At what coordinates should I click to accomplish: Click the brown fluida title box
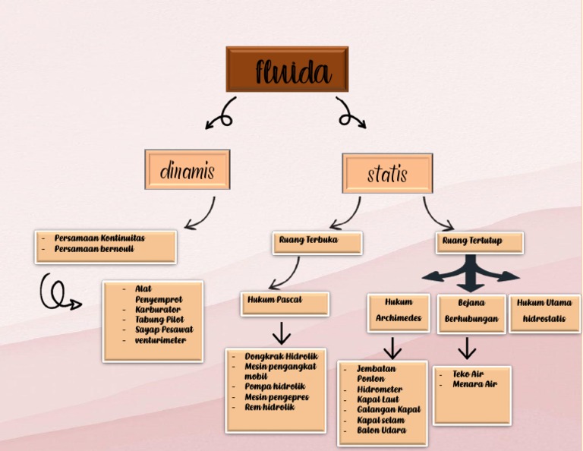pyautogui.click(x=287, y=69)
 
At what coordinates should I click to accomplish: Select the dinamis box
pyautogui.click(x=187, y=169)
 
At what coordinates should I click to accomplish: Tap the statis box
pyautogui.click(x=387, y=173)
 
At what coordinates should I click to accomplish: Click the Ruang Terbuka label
pyautogui.click(x=309, y=241)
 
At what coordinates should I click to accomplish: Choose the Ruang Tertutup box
pyautogui.click(x=470, y=241)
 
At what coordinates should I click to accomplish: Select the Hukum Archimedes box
pyautogui.click(x=399, y=311)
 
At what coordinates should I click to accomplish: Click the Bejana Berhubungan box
pyautogui.click(x=471, y=311)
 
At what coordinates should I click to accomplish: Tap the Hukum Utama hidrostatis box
pyautogui.click(x=544, y=311)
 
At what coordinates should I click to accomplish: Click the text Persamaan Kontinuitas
pyautogui.click(x=99, y=238)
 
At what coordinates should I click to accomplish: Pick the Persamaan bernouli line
pyautogui.click(x=94, y=249)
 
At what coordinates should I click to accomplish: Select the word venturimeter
pyautogui.click(x=160, y=340)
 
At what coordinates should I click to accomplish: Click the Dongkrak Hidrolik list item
pyautogui.click(x=281, y=356)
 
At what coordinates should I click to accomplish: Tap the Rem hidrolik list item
pyautogui.click(x=269, y=407)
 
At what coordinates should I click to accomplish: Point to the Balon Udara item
pyautogui.click(x=381, y=430)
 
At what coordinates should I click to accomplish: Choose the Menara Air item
pyautogui.click(x=474, y=384)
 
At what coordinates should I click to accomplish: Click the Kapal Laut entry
pyautogui.click(x=377, y=399)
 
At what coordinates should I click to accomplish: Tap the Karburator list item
pyautogui.click(x=158, y=310)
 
